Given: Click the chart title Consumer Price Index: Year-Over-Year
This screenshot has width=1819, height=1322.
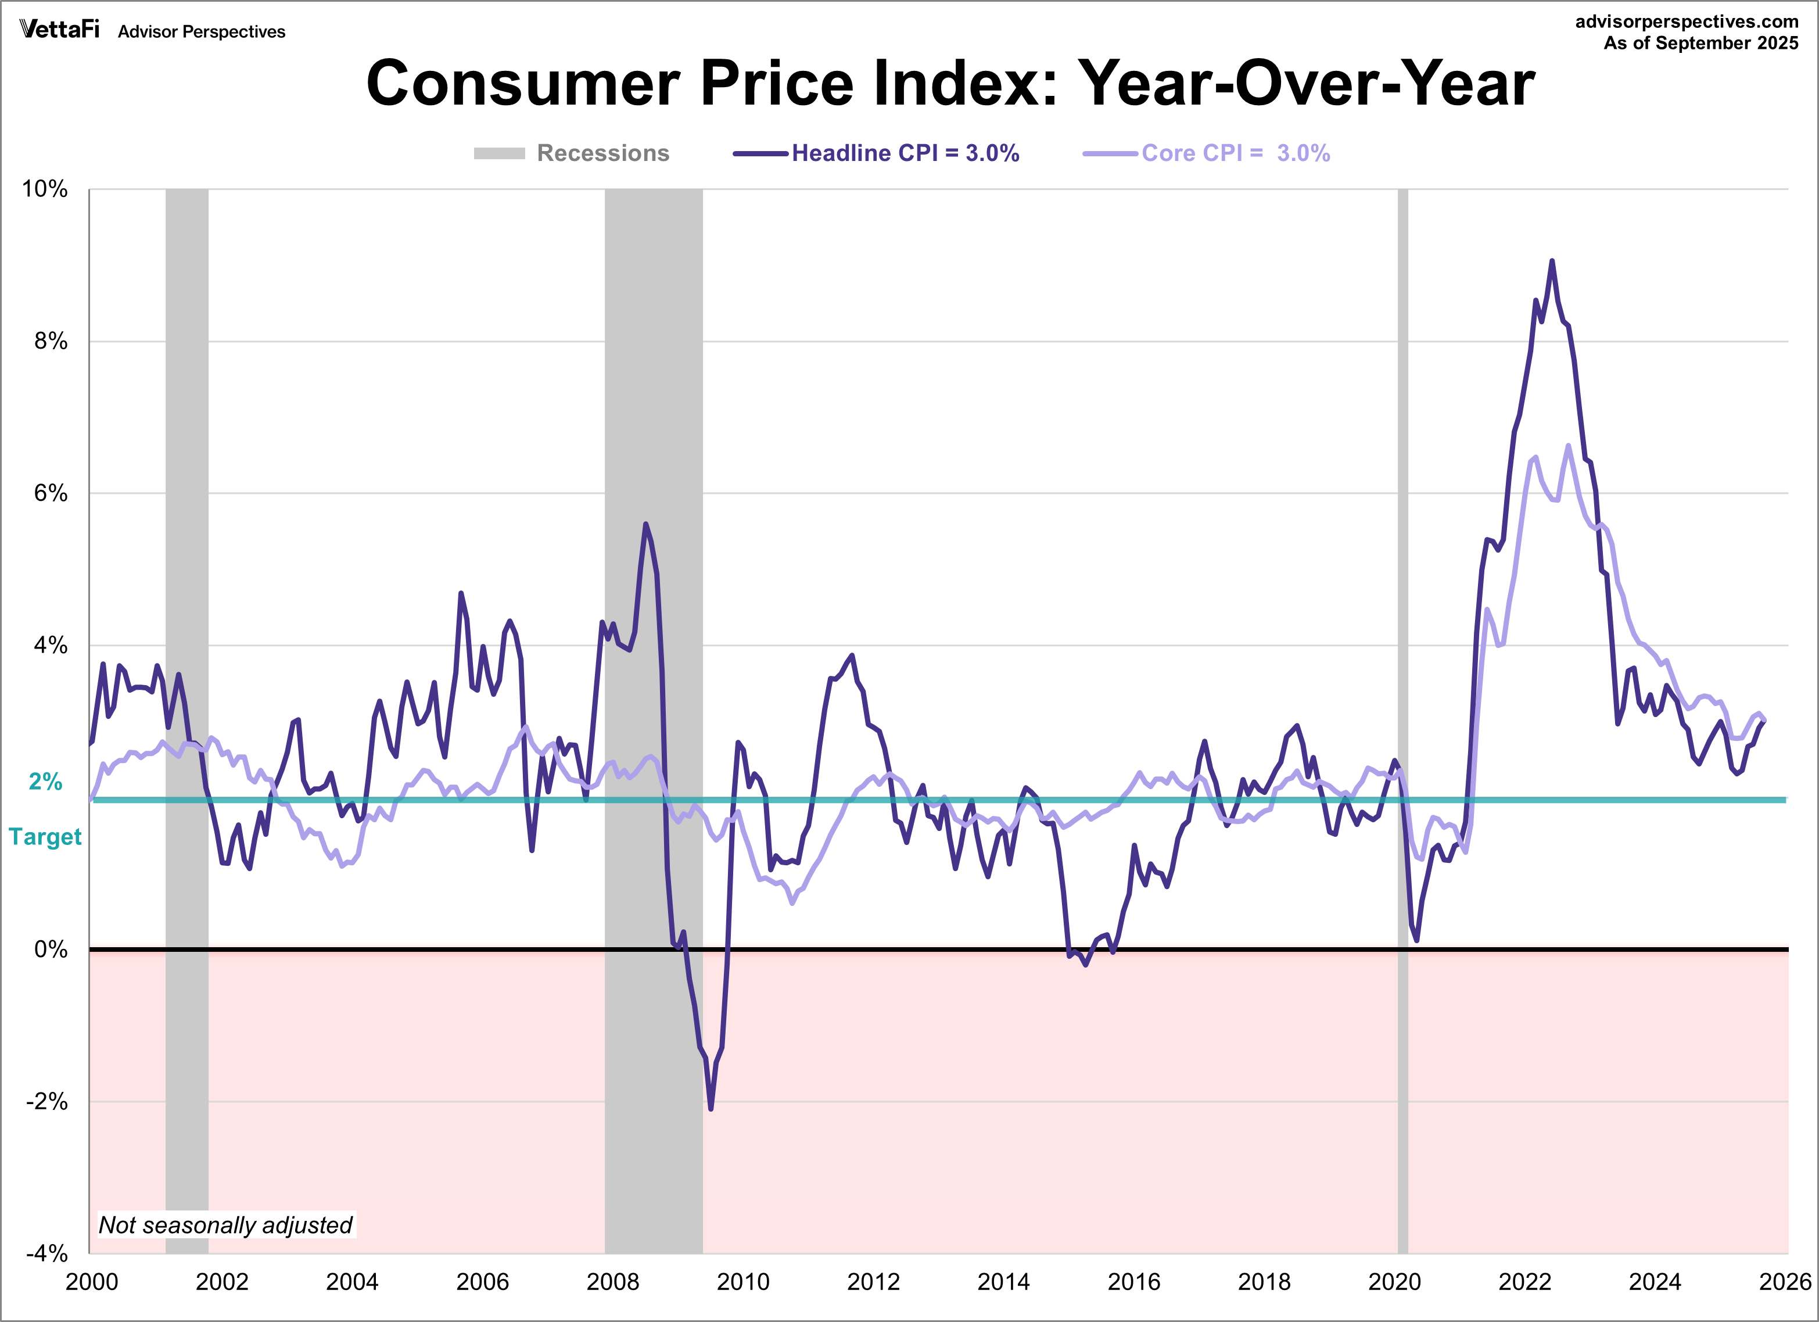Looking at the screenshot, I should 950,84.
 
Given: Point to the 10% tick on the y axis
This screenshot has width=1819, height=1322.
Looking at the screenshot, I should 45,189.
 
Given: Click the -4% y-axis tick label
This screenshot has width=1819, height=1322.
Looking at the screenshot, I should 46,1253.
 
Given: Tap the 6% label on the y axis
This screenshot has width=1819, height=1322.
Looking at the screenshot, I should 50,493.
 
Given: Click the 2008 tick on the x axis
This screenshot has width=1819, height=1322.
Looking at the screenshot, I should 613,1282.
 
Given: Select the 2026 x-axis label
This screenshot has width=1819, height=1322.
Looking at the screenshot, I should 1785,1282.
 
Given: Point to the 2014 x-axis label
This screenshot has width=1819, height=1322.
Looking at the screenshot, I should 1003,1282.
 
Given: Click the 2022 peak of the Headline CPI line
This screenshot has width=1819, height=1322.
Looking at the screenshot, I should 1552,261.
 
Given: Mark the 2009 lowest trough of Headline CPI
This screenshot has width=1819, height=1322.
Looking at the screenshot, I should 711,1109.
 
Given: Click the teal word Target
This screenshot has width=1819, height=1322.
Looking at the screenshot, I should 45,837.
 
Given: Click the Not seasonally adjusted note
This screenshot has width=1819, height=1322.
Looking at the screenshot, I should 225,1225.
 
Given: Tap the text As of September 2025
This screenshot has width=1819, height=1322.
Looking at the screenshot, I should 1700,44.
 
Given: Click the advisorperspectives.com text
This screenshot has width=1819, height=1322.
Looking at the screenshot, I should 1686,22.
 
